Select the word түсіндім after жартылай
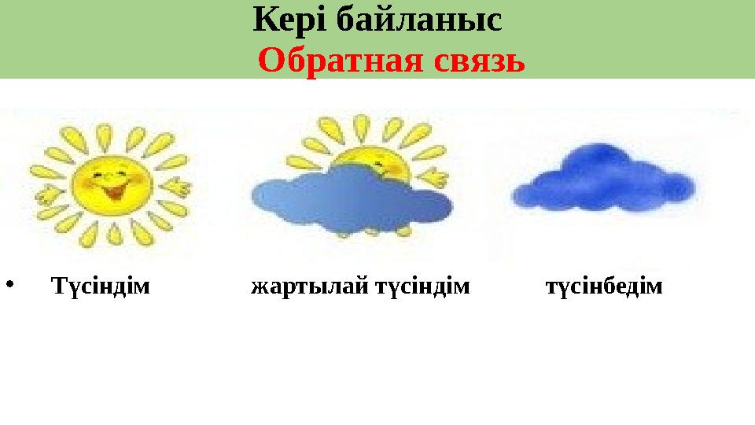pos(422,286)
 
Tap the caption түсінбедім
pos(604,286)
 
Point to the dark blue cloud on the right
pos(603,179)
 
